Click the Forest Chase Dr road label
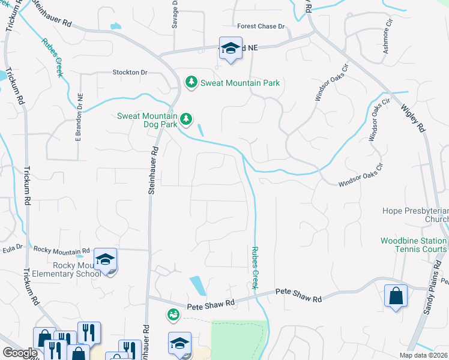coord(261,26)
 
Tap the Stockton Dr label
coord(130,72)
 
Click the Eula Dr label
coord(12,247)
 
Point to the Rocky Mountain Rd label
coord(61,250)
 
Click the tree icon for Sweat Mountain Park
coord(191,82)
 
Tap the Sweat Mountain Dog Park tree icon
coord(186,119)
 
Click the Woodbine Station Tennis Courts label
coord(414,245)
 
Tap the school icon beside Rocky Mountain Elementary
coord(106,260)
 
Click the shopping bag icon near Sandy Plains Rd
coord(396,296)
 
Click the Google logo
coord(20,353)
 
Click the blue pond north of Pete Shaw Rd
coord(196,285)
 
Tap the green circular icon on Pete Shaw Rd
coord(173,314)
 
